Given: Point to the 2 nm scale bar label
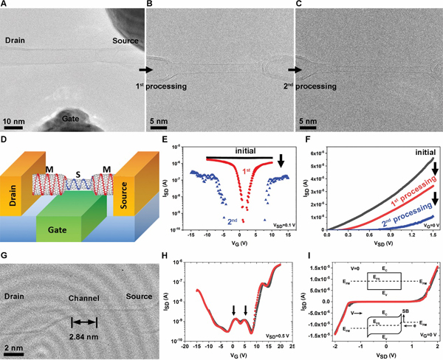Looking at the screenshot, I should click(13, 346).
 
